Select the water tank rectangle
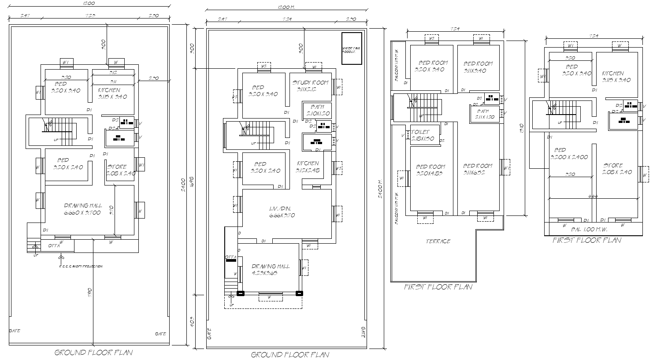point(352,48)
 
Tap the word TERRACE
point(438,241)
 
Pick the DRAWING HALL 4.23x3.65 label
point(271,269)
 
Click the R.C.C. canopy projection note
point(81,266)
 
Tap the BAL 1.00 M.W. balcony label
point(589,230)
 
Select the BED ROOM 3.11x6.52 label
point(478,169)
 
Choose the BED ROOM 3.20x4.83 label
point(430,170)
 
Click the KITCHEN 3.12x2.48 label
point(308,166)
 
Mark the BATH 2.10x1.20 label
point(317,110)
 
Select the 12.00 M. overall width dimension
point(286,7)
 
